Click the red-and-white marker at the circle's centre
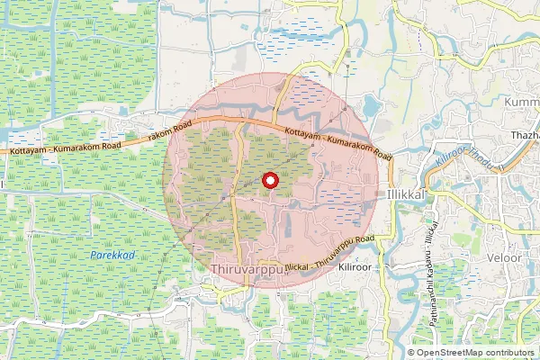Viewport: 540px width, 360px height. [x=269, y=181]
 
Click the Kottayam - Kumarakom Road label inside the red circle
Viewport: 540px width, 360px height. [x=337, y=143]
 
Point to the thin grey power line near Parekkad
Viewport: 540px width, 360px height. [x=162, y=270]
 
